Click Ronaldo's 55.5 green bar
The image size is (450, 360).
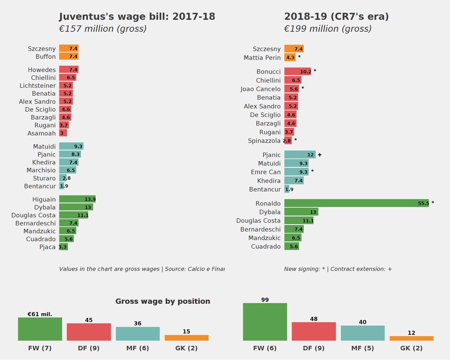click(x=356, y=203)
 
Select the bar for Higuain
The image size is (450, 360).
click(x=80, y=199)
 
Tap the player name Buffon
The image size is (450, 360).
click(x=45, y=57)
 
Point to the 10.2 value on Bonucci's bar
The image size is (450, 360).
click(x=306, y=72)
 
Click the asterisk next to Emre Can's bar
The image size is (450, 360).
click(x=312, y=172)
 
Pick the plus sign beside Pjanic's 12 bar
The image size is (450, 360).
click(x=319, y=155)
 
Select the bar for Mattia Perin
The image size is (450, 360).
click(x=290, y=57)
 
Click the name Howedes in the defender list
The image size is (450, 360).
click(x=42, y=70)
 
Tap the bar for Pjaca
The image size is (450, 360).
click(x=63, y=247)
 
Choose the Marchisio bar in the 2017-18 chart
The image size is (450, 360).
click(x=67, y=170)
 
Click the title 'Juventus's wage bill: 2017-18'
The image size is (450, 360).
click(x=137, y=17)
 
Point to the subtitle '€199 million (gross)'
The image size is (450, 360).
click(x=327, y=29)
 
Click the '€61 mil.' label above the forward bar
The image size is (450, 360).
click(x=40, y=314)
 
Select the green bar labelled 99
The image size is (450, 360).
click(x=265, y=322)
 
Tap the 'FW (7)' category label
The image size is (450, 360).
click(x=40, y=348)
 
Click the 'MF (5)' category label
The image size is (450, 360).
click(x=363, y=348)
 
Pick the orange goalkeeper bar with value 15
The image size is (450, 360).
click(x=186, y=337)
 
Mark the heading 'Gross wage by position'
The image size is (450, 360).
click(x=162, y=301)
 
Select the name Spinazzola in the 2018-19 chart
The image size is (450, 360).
click(x=264, y=141)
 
